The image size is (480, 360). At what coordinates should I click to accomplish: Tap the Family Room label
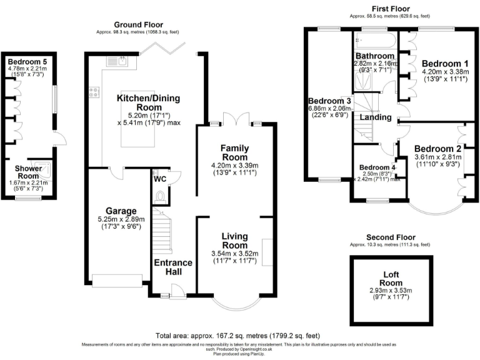tap(235, 152)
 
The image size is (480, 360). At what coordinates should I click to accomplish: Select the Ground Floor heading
tap(138, 24)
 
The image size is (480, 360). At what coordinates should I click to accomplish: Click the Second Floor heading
tap(391, 237)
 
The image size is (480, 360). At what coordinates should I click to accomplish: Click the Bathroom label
tap(376, 56)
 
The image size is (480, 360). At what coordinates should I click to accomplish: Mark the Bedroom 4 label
tap(377, 167)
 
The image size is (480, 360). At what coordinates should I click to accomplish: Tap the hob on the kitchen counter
tap(96, 92)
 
